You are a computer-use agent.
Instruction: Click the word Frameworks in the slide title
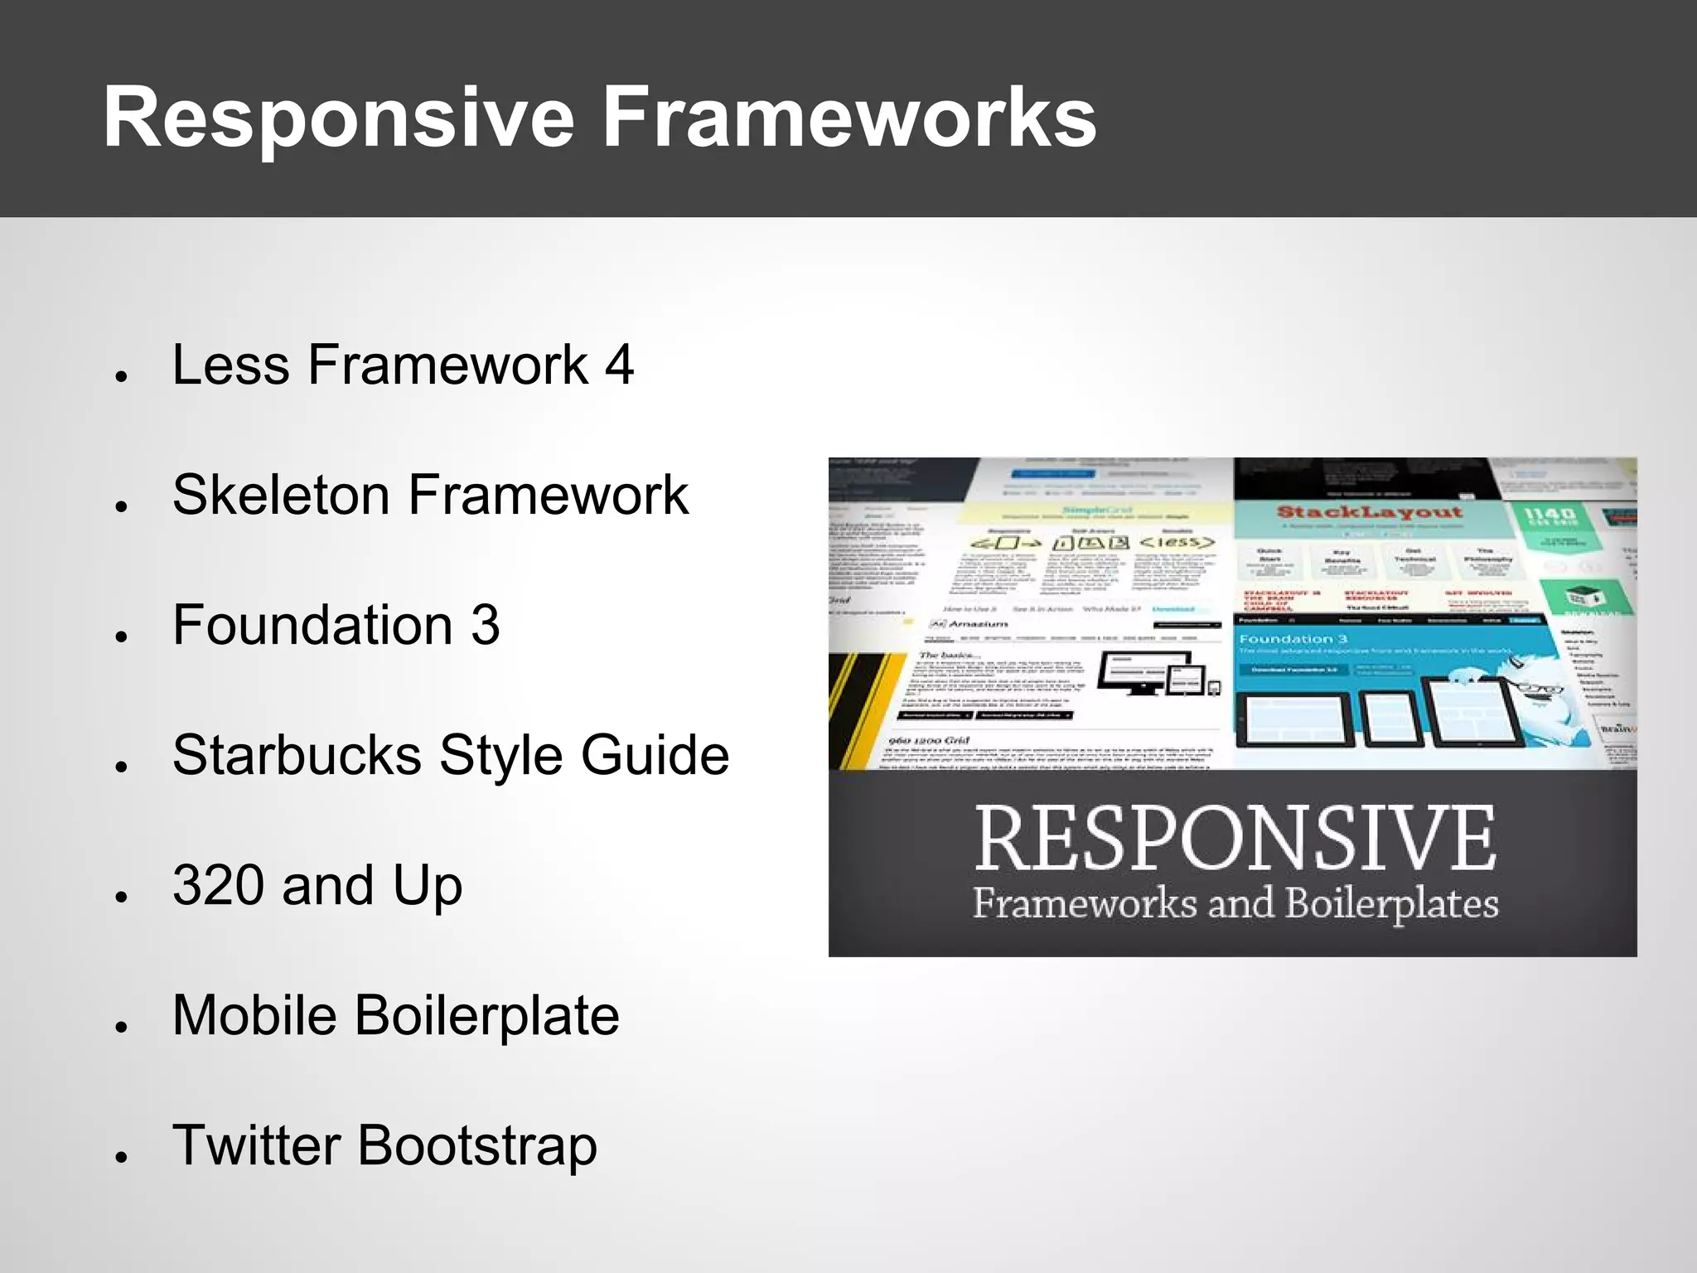[848, 119]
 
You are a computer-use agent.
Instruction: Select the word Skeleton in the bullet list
[280, 495]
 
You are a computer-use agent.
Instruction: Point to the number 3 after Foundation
[486, 625]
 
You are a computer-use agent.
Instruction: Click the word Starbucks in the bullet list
[297, 755]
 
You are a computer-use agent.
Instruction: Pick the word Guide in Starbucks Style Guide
[655, 755]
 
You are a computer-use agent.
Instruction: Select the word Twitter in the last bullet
[256, 1145]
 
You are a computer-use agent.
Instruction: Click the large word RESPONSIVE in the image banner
[1235, 839]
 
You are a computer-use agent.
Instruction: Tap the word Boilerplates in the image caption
[1391, 903]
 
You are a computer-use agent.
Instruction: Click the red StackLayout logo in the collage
[1369, 512]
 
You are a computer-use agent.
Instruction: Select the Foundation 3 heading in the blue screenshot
[1293, 639]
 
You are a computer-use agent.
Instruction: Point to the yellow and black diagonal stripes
[862, 709]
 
